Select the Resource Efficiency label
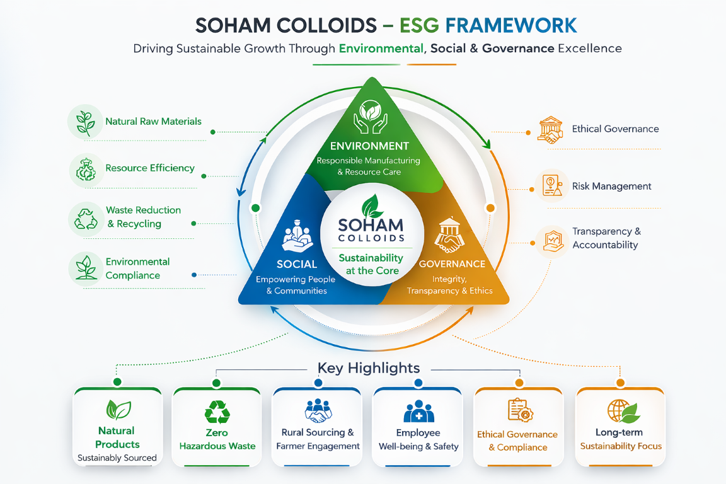[150, 168]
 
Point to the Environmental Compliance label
[137, 268]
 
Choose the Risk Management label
[611, 187]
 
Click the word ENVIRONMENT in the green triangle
[369, 146]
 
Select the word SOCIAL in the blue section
[297, 264]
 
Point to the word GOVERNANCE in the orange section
[452, 264]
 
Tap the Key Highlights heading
[368, 368]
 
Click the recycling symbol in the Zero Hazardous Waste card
[217, 412]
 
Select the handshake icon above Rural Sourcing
[318, 412]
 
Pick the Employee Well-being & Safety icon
[418, 412]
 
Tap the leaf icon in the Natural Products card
[118, 410]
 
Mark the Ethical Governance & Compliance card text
[517, 441]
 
